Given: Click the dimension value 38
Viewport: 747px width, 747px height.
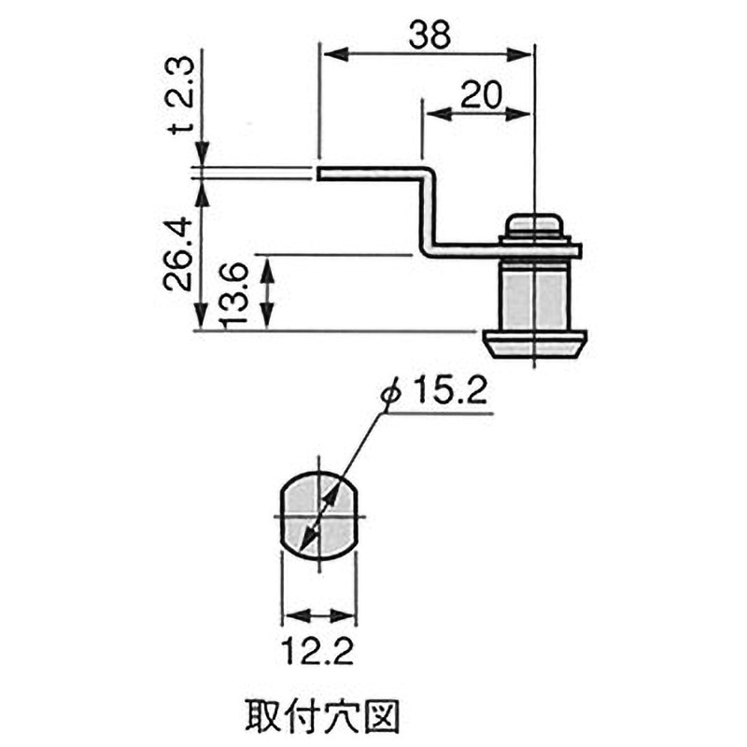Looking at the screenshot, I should [x=430, y=35].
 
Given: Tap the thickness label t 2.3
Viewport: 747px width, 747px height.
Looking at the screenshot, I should [x=183, y=96].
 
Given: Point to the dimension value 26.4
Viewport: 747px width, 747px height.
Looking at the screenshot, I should [x=178, y=253].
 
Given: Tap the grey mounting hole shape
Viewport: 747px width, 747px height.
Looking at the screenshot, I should [x=318, y=515].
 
